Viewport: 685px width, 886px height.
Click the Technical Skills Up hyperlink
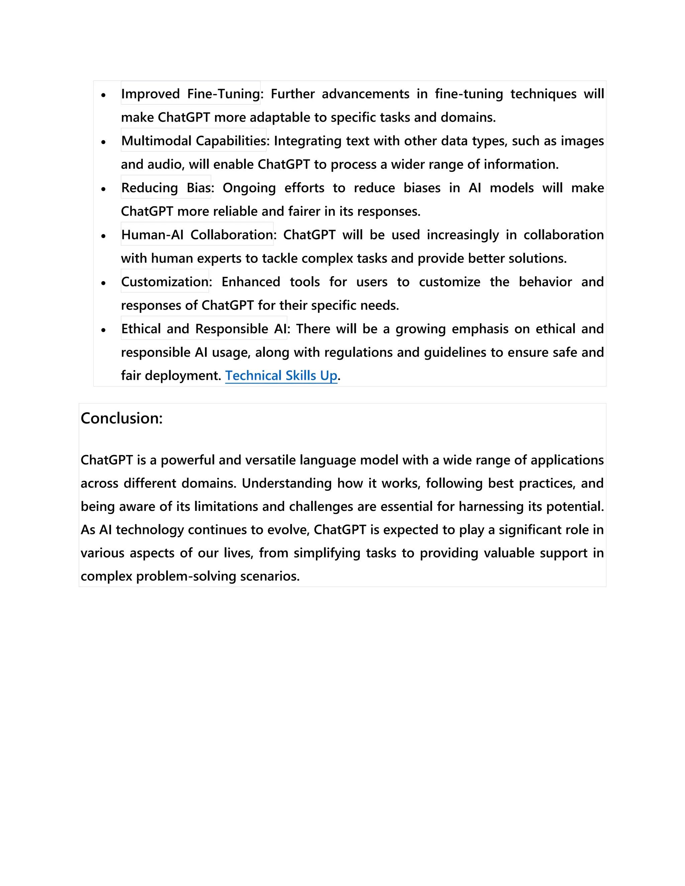(281, 376)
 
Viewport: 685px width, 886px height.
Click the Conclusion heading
(121, 418)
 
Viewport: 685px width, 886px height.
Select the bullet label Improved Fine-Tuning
(190, 94)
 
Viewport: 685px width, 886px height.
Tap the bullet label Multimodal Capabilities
(194, 141)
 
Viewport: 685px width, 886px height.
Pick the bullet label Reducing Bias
(166, 188)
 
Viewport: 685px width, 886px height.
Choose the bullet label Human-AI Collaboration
(197, 235)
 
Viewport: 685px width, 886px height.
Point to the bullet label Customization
(165, 282)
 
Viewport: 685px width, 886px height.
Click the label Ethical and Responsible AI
(204, 329)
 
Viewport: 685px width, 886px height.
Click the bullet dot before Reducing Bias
(103, 189)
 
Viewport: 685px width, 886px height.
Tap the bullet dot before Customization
(103, 283)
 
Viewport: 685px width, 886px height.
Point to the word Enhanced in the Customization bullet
(251, 282)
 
